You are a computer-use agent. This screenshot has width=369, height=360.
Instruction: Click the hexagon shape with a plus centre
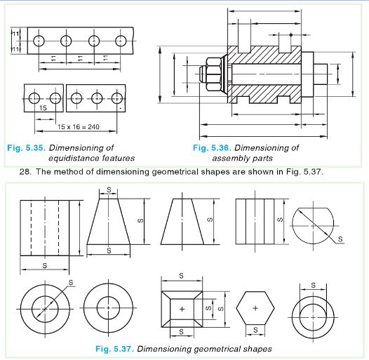255,307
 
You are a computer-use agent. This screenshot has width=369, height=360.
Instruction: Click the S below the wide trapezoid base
109,250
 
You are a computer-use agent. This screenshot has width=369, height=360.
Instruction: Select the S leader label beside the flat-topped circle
341,239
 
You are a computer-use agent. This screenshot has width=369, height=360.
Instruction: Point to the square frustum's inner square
182,308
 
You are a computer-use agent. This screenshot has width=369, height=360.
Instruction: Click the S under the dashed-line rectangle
45,266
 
